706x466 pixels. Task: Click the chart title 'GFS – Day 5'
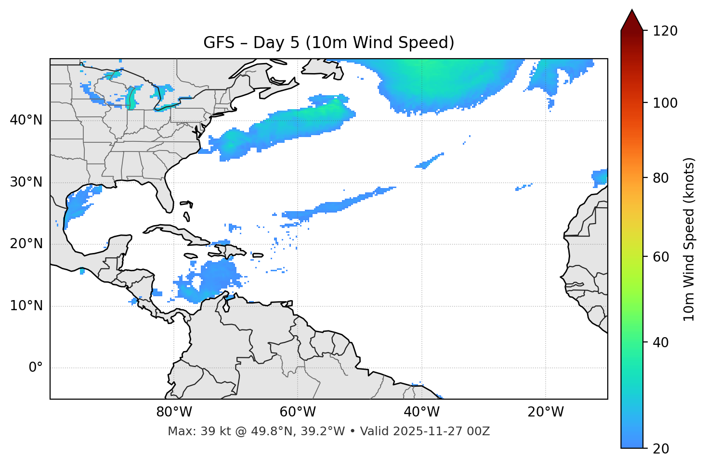[x=328, y=43]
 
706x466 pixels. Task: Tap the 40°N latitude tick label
[x=26, y=120]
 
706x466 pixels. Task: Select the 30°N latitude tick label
[x=26, y=182]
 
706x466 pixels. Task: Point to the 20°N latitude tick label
[x=26, y=244]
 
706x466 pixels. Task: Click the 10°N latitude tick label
[x=26, y=306]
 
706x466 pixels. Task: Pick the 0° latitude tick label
[x=36, y=368]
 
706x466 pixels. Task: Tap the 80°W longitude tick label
[x=174, y=412]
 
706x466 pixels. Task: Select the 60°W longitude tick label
[x=298, y=412]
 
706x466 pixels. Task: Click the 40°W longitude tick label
[x=422, y=412]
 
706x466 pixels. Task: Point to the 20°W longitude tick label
[x=546, y=412]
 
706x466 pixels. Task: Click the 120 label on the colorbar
[x=665, y=31]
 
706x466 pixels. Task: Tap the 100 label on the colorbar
[x=665, y=103]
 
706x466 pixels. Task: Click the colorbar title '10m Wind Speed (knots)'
[x=689, y=239]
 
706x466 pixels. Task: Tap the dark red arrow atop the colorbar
[x=632, y=20]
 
